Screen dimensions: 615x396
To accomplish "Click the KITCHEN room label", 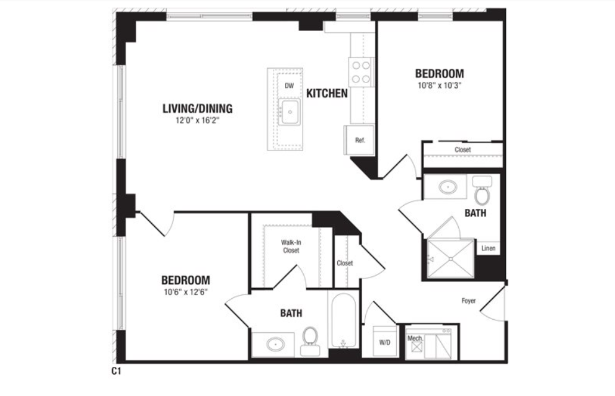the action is click(327, 94).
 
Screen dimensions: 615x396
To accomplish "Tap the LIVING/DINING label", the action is click(197, 108).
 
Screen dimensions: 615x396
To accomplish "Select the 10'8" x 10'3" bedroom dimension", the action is click(440, 86).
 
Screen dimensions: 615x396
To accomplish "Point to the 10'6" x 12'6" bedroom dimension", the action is click(185, 292).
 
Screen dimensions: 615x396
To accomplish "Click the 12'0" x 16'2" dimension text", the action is click(197, 120).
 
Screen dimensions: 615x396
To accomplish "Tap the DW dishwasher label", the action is click(289, 86).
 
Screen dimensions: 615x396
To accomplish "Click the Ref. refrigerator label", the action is click(360, 140).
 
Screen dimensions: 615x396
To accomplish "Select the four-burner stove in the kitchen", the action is click(361, 72).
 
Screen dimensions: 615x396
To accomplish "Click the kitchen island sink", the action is click(290, 112).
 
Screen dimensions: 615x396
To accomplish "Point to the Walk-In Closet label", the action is click(291, 246).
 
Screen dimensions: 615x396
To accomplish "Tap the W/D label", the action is click(385, 342).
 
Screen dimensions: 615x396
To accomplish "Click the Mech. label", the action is click(415, 338).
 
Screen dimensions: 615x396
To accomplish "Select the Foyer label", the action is click(468, 301).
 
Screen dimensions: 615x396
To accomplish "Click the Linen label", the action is click(489, 248).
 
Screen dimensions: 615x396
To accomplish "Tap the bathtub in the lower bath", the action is click(343, 320).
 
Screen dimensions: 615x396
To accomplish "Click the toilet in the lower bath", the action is click(310, 341).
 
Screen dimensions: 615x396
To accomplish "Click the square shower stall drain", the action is click(451, 259).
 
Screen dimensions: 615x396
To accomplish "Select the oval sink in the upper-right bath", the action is click(447, 187).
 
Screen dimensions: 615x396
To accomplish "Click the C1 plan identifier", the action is click(117, 371).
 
